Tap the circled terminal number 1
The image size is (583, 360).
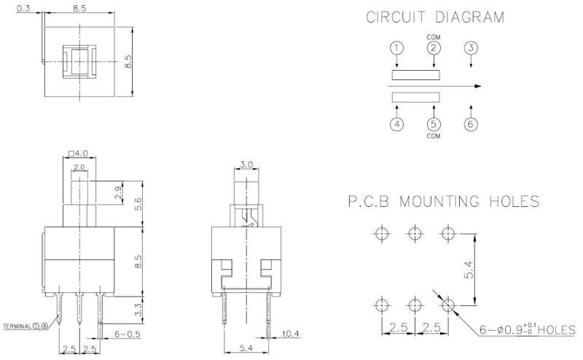[396, 48]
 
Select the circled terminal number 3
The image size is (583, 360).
[471, 48]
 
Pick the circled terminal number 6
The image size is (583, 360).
[471, 123]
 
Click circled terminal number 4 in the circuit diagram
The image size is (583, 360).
[396, 123]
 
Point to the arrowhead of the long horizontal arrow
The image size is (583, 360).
[477, 86]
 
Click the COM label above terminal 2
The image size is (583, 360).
[433, 36]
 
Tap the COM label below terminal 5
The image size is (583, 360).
[433, 136]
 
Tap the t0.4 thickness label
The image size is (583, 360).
[291, 334]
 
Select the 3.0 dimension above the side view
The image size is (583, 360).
[246, 165]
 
